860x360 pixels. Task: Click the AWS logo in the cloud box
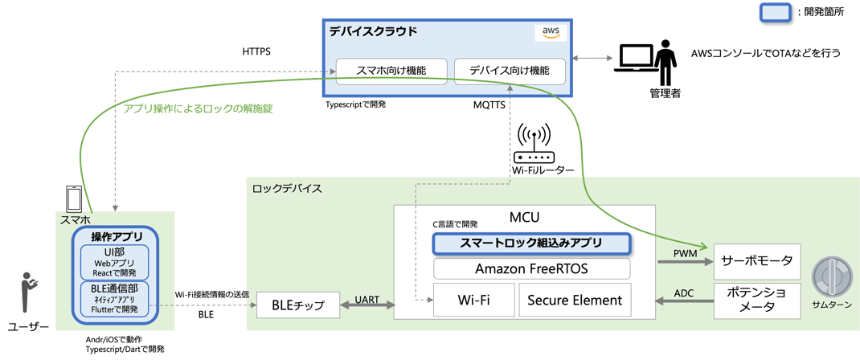551,32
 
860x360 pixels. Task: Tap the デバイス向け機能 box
510,70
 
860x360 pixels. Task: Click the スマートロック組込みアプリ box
530,242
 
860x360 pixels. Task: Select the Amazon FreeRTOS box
530,268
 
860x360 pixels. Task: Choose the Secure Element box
575,300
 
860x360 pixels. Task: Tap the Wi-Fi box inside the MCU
473,300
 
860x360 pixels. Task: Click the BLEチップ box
294,305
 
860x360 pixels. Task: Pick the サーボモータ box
757,260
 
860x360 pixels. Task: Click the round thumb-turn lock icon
831,277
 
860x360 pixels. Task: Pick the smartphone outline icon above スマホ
74,198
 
